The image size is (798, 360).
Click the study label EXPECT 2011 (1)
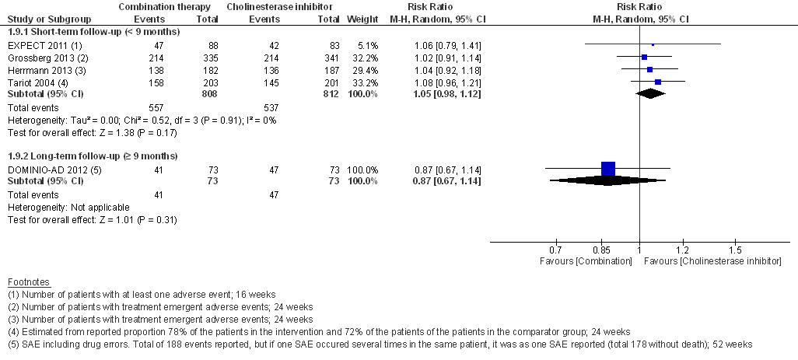click(39, 46)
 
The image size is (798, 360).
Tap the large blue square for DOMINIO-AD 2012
click(608, 168)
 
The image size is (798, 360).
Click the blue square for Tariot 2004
click(658, 81)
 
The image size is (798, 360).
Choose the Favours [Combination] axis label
click(586, 261)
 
